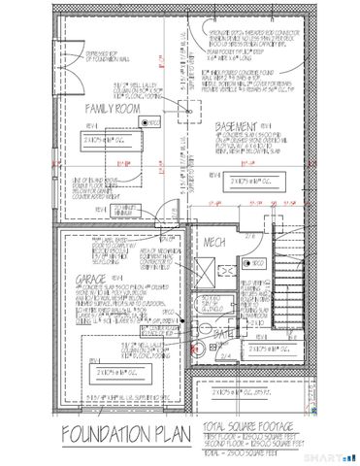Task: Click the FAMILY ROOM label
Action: (110, 108)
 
